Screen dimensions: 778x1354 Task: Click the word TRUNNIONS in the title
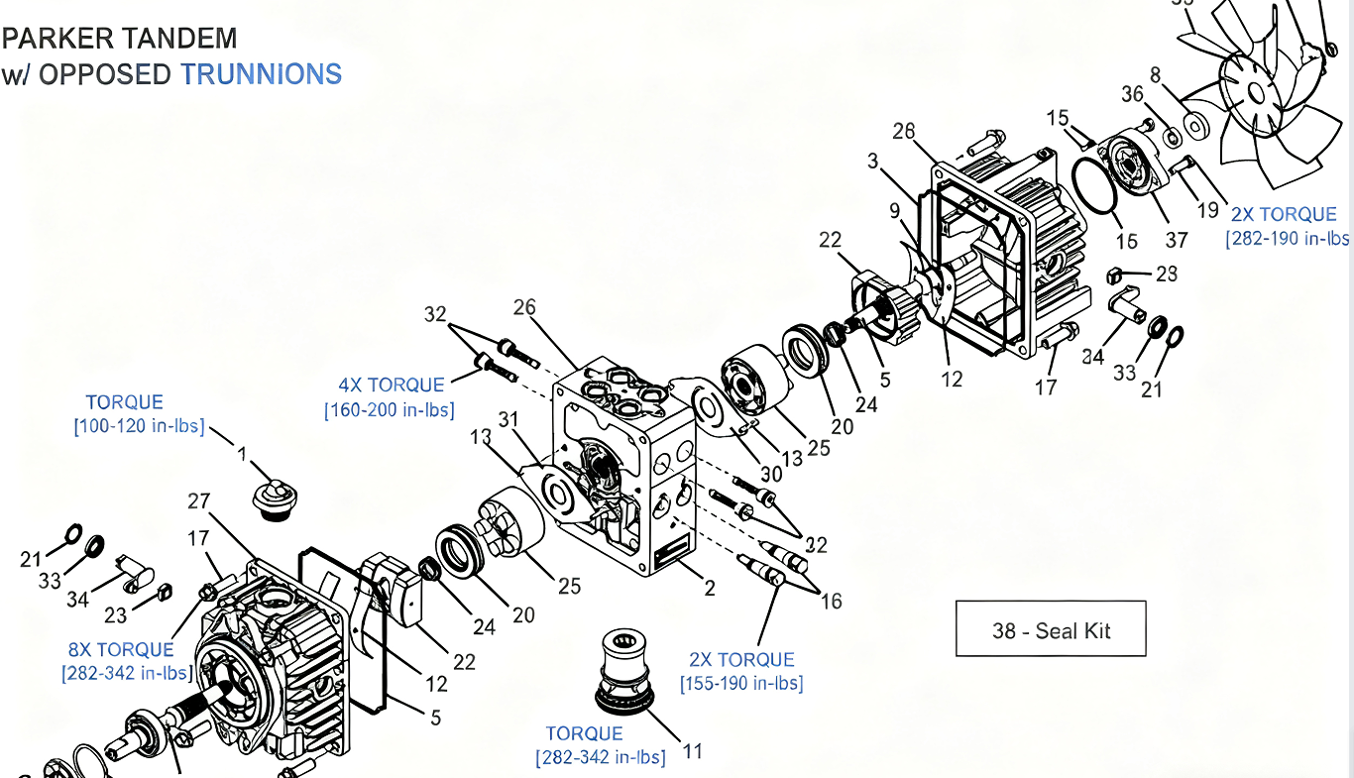pos(261,74)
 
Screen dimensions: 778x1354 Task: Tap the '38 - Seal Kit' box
pos(1051,629)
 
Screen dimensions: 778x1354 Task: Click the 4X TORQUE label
pos(393,386)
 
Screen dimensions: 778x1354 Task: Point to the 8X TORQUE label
pos(121,650)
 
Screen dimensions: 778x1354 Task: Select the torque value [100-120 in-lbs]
pos(139,426)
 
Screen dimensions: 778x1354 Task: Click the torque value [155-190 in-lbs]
pos(741,684)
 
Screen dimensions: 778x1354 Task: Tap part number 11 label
pos(693,751)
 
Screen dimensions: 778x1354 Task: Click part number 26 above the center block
pos(524,307)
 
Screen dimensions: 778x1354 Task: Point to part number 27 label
pos(199,502)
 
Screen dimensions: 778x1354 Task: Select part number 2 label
pos(710,589)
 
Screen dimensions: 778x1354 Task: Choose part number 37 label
pos(1177,241)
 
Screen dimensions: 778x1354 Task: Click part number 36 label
pos(1132,94)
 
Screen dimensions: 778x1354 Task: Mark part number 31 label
pos(509,420)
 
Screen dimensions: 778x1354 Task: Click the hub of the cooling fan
pos(1256,92)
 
